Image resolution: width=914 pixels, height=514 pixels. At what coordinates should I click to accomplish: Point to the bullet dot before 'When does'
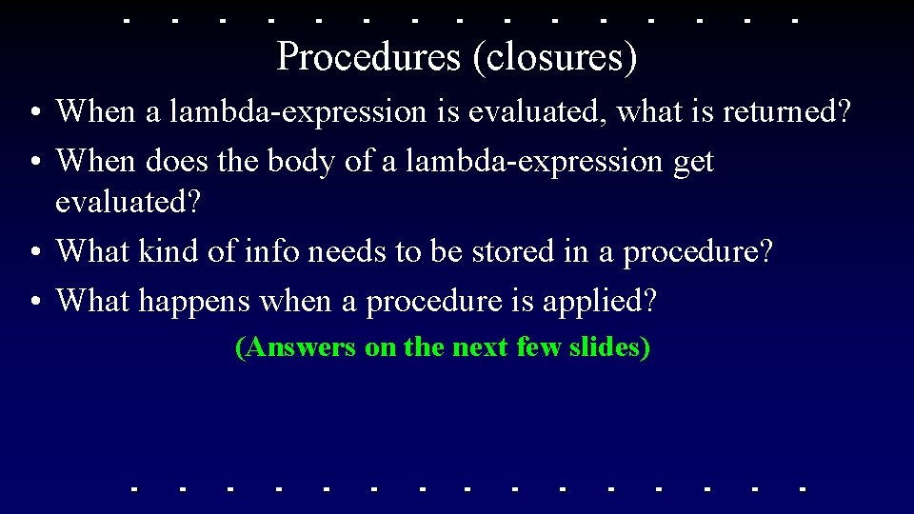coord(33,163)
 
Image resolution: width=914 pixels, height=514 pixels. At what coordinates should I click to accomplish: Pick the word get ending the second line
coord(693,162)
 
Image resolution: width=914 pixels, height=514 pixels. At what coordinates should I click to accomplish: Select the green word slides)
coord(609,347)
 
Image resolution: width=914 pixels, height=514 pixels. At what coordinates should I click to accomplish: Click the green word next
coord(480,347)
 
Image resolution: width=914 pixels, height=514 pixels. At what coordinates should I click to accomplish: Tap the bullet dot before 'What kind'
coord(33,252)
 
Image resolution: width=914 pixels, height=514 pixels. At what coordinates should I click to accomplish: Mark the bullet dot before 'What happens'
coord(33,302)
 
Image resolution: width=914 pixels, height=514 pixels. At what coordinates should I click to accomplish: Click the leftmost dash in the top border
coord(129,19)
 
